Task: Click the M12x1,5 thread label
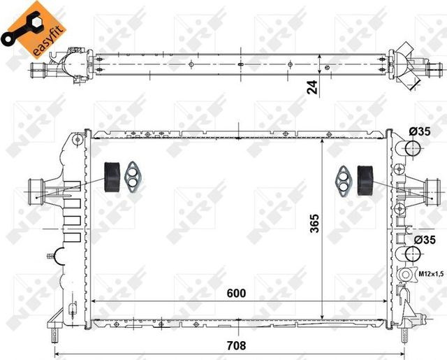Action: [x=430, y=273]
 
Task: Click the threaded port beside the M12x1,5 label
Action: [x=405, y=275]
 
